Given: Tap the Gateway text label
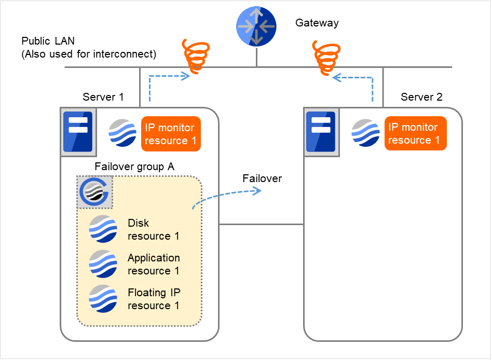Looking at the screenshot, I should click(x=317, y=23).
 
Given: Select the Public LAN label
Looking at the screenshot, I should click(x=89, y=47).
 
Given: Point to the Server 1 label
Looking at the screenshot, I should click(x=103, y=97).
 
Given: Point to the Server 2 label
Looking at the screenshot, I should click(x=421, y=97).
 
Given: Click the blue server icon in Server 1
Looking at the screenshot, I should click(x=77, y=132).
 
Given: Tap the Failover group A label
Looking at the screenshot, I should click(x=134, y=167).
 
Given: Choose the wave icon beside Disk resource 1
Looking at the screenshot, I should click(x=103, y=229).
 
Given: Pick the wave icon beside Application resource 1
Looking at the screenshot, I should click(x=103, y=264).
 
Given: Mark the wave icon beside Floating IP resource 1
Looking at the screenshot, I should click(x=103, y=298).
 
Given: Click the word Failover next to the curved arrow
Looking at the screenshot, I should click(x=262, y=178).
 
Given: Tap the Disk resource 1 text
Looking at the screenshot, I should click(x=153, y=229).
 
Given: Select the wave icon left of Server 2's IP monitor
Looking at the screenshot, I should click(x=365, y=133).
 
